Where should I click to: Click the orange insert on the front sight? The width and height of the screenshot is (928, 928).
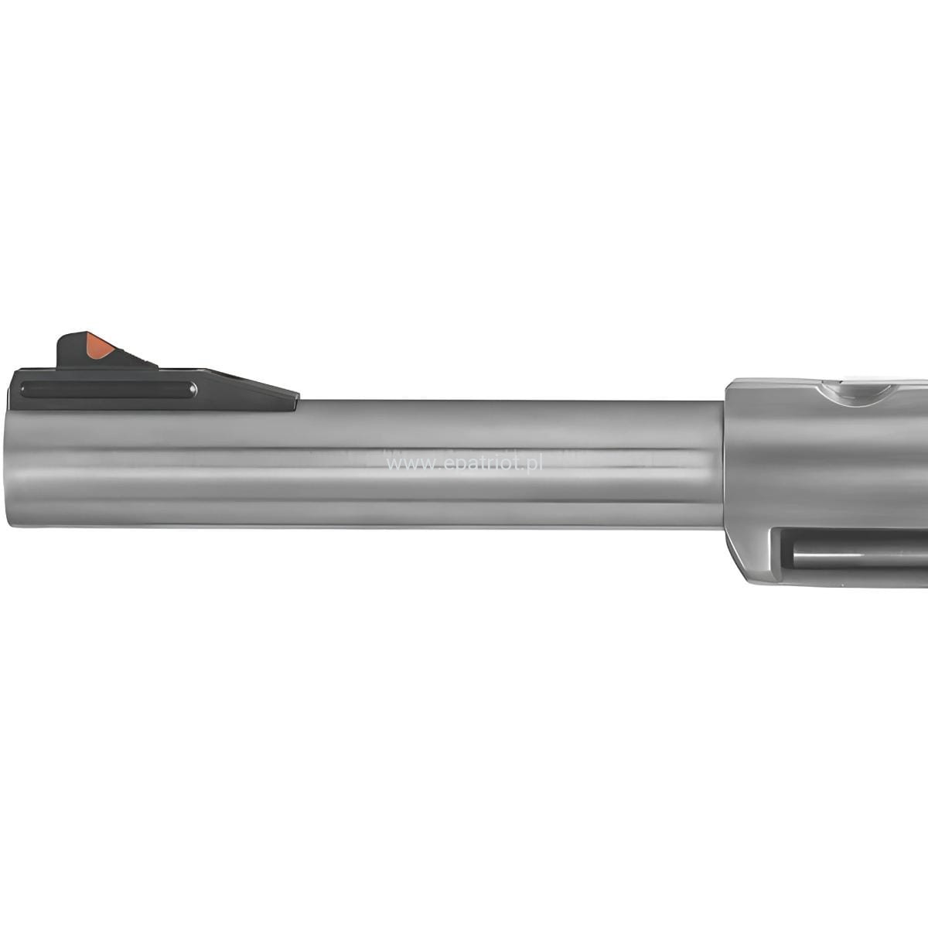100,345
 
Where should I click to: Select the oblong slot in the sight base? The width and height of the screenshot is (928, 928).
108,389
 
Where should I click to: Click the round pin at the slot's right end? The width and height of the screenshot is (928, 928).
193,389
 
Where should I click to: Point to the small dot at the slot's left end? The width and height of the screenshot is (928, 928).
24,389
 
